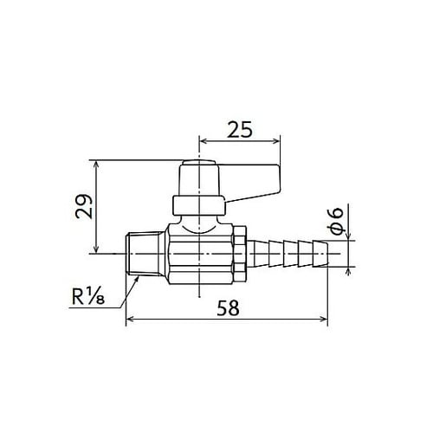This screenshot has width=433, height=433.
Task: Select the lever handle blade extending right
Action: click(x=251, y=181)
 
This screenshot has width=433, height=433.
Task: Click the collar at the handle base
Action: click(x=198, y=206)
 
